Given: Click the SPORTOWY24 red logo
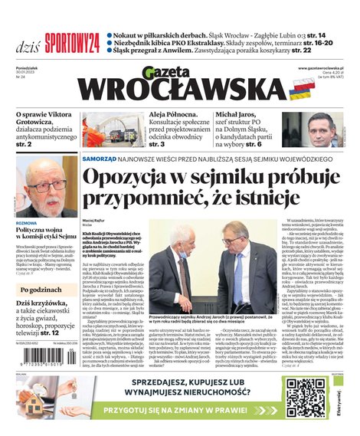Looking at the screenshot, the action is click(72, 41).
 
